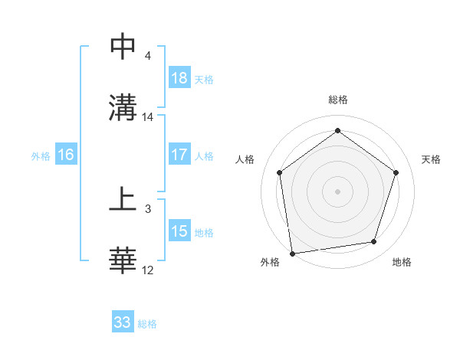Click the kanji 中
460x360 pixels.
click(123, 47)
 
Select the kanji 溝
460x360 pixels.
click(123, 108)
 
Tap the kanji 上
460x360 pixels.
click(123, 200)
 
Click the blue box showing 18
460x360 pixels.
click(179, 77)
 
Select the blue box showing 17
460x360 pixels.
click(179, 155)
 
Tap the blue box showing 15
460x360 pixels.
click(179, 231)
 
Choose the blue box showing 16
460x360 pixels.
click(66, 155)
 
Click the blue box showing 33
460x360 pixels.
click(123, 322)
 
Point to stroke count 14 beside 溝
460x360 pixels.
click(148, 117)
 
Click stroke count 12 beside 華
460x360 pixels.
click(148, 270)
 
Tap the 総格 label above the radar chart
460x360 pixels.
click(338, 100)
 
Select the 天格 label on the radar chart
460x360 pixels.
click(431, 159)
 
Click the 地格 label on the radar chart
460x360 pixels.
click(402, 262)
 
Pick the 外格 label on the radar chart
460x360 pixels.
click(270, 262)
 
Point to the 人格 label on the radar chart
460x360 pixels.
click(245, 159)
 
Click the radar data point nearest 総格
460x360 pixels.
click(337, 131)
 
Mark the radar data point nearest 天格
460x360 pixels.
click(396, 172)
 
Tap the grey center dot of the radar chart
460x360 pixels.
click(337, 191)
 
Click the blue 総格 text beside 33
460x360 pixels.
click(147, 324)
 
